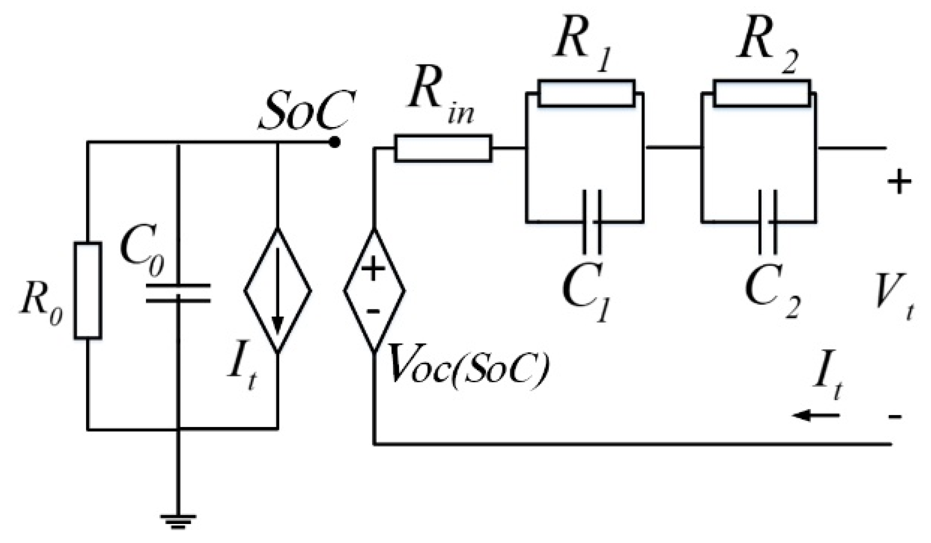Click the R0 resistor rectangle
tap(88, 290)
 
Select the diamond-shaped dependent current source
tap(278, 290)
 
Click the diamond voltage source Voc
tap(374, 290)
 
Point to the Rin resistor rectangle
tap(443, 149)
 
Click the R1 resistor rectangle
tap(586, 93)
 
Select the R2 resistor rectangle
tap(762, 93)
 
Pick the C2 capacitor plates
tap(767, 222)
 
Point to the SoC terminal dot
tap(334, 142)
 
